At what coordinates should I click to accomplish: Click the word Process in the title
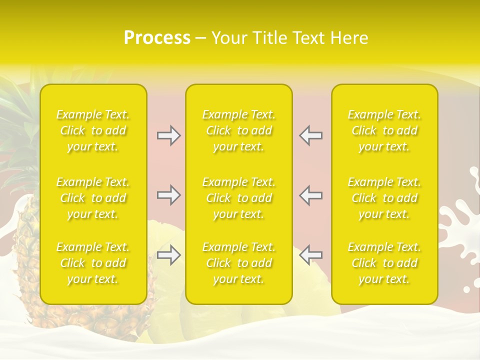pos(157,38)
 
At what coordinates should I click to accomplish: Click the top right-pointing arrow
pos(168,135)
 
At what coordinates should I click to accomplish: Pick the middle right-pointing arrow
pos(168,195)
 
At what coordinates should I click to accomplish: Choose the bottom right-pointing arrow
pos(168,255)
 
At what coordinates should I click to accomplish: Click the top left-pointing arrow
pos(311,135)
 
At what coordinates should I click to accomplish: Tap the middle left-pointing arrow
pos(311,195)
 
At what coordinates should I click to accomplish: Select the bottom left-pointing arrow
pos(311,255)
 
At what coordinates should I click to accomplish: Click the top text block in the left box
pos(93,130)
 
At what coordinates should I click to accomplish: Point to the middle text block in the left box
pos(93,198)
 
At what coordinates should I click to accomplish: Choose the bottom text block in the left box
pos(93,263)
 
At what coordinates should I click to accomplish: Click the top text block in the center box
pos(239,130)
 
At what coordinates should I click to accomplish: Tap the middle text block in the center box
pos(239,198)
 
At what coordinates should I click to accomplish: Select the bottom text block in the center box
pos(239,263)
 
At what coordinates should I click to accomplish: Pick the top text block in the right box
pos(384,130)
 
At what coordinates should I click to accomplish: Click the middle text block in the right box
pos(384,198)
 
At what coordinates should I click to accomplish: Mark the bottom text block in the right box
pos(384,263)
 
